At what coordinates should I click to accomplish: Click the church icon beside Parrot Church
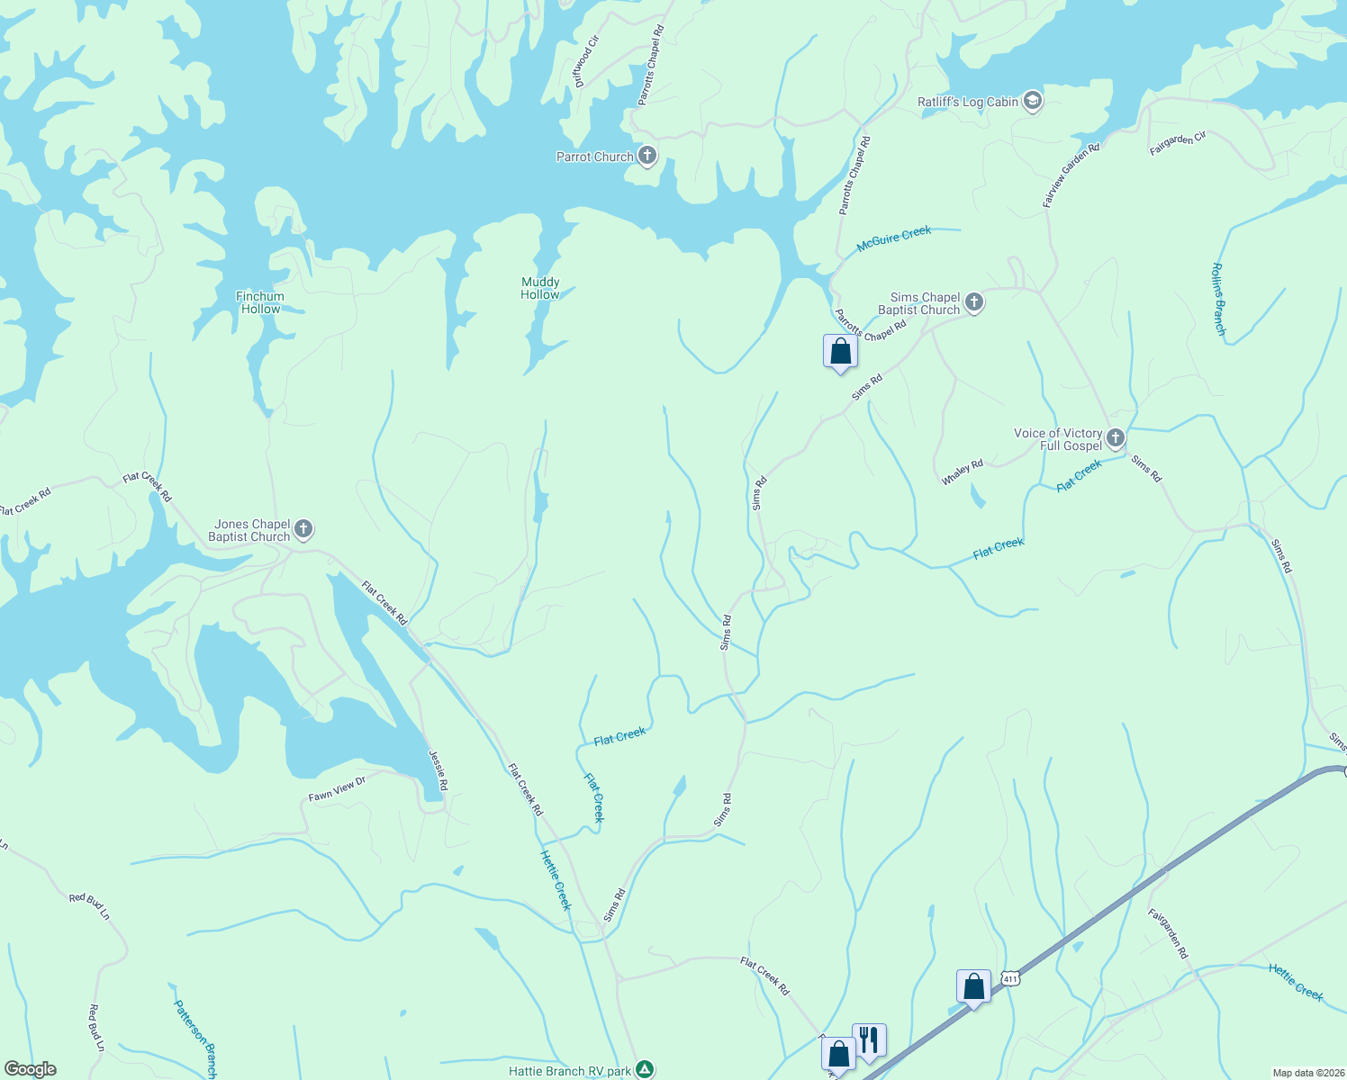[x=646, y=156]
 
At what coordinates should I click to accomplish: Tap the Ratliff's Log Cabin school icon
[x=1033, y=101]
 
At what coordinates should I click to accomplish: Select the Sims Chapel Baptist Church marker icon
[x=973, y=302]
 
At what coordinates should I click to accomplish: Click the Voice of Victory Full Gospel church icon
[x=1116, y=438]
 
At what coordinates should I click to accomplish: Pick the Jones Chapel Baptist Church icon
[x=303, y=529]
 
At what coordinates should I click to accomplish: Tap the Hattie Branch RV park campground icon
[x=645, y=1069]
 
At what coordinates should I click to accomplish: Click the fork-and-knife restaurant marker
[x=869, y=1040]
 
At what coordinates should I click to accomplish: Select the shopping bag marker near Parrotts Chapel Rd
[x=840, y=351]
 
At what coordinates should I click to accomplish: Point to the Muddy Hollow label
[x=540, y=288]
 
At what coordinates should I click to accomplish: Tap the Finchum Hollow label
[x=260, y=302]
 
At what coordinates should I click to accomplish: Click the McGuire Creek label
[x=893, y=238]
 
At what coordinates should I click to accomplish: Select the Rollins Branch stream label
[x=1218, y=299]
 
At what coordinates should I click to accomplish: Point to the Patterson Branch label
[x=195, y=1038]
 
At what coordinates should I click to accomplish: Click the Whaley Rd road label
[x=963, y=472]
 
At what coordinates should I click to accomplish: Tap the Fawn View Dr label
[x=337, y=789]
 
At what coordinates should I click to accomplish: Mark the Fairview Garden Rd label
[x=1071, y=175]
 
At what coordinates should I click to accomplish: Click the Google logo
[x=30, y=1069]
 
